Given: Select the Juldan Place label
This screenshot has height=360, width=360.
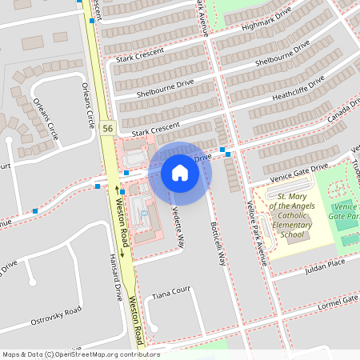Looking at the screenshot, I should point(325,263).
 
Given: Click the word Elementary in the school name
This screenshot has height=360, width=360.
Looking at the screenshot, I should point(293,225).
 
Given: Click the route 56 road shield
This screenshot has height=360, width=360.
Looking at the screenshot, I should point(107,128).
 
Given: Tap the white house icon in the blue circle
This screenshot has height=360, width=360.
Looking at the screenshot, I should point(180,172).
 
